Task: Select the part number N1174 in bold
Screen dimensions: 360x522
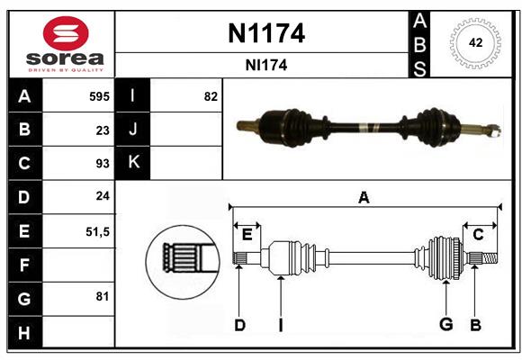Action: point(267,34)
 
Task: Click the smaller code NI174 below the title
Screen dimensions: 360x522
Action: point(267,65)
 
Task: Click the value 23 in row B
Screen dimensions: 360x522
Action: point(102,130)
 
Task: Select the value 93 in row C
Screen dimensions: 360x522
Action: point(102,164)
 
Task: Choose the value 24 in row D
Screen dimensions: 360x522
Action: point(102,197)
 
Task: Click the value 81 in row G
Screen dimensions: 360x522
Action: point(102,295)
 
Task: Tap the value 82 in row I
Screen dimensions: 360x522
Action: point(211,96)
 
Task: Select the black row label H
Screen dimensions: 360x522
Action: point(24,333)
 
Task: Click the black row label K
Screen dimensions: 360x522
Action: point(133,163)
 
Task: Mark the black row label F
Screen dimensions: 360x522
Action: point(24,265)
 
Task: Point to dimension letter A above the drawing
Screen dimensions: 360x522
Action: point(364,197)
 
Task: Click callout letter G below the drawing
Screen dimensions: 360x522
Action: point(445,325)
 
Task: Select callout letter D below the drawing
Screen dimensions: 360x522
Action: point(239,325)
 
